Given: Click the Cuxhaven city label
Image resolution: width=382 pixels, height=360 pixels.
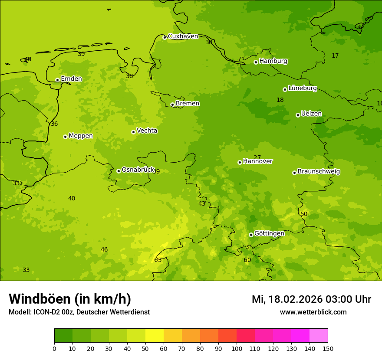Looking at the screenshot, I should [183, 36].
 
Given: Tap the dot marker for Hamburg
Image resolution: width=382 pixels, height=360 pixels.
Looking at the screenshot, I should [256, 62].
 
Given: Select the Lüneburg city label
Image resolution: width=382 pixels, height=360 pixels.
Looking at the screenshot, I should [302, 88].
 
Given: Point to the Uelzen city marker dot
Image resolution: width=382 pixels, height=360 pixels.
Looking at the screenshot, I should [298, 115].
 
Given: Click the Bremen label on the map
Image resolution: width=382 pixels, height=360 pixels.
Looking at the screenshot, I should [188, 104].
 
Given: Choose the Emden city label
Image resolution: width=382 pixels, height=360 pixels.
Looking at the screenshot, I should [71, 79].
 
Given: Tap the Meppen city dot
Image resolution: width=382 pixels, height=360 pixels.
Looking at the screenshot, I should [65, 137].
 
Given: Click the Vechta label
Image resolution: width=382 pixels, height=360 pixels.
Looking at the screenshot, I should [147, 131].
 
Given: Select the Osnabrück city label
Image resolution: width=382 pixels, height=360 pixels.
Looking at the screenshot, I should [138, 170].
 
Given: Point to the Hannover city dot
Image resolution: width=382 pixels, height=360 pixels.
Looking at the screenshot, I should [240, 162].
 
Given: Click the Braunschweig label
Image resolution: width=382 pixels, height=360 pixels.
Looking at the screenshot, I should [319, 172].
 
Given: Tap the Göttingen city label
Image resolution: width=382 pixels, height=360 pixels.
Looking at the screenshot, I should [269, 233].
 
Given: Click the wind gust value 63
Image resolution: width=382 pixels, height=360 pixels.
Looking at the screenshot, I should [158, 260].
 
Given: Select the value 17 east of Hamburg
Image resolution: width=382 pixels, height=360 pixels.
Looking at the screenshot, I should [335, 56].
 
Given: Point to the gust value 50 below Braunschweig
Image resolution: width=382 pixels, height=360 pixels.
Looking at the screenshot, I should [304, 214].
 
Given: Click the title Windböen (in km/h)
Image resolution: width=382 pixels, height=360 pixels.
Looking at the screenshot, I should [70, 299].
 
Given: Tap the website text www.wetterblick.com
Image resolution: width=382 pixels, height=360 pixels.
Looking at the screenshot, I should [313, 312].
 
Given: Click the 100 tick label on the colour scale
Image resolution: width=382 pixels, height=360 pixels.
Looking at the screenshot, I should [237, 348].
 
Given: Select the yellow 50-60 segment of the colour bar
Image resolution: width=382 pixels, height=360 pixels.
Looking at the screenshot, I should [155, 336].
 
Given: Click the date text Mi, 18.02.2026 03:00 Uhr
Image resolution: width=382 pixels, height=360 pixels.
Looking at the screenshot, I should [311, 299].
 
